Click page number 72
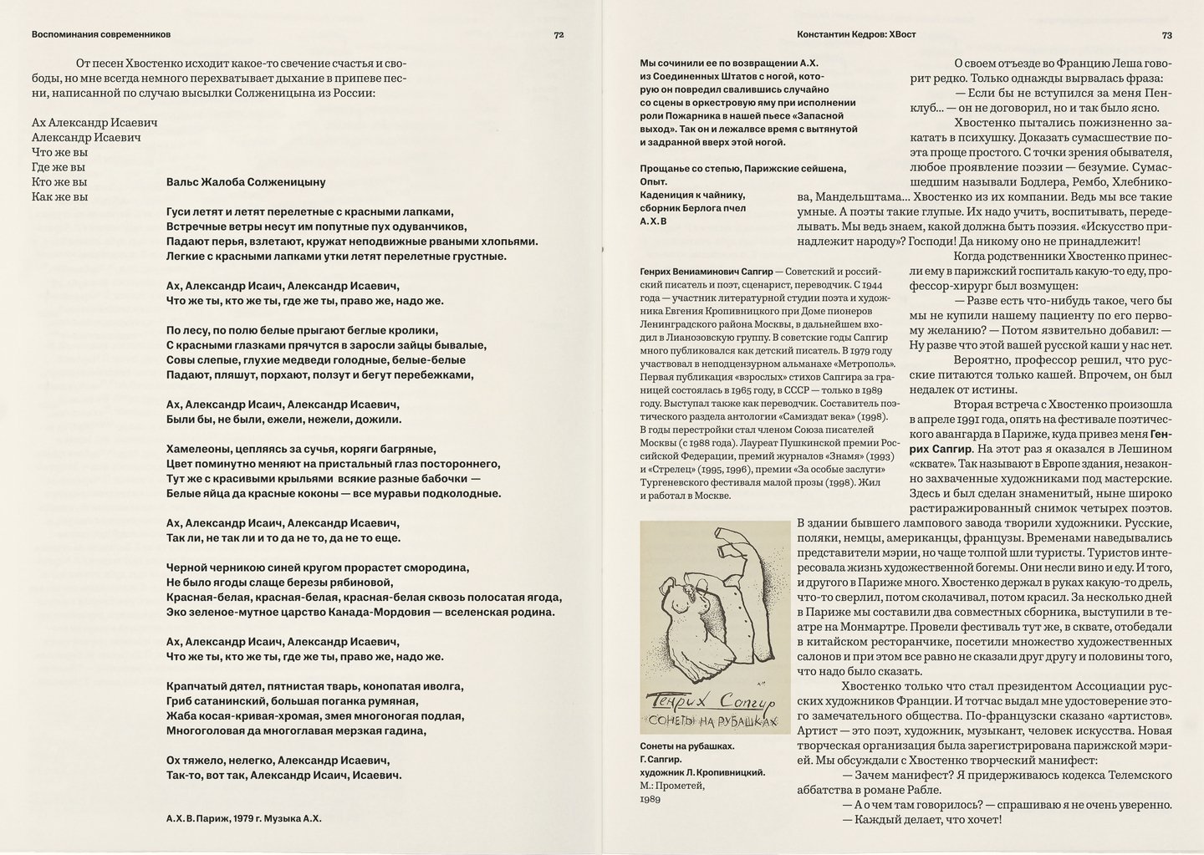(x=559, y=35)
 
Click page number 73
(x=1166, y=35)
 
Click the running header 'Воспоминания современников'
(x=100, y=35)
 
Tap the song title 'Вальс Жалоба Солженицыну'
(x=246, y=181)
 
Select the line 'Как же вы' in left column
(x=59, y=197)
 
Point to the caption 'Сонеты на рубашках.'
(x=687, y=746)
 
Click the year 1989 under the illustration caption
(x=650, y=799)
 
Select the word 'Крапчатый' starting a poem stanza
(x=193, y=686)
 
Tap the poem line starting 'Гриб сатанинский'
(x=292, y=701)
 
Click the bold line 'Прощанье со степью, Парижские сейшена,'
(x=742, y=168)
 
